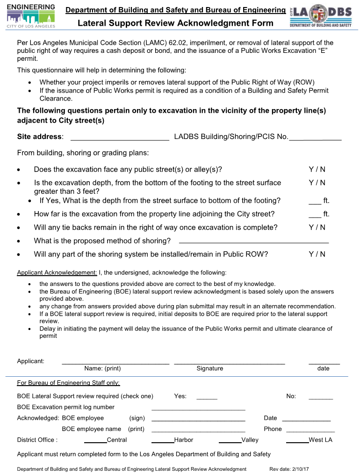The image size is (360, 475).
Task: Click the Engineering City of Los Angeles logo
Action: pos(31,16)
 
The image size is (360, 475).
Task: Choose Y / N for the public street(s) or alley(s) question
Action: pos(317,169)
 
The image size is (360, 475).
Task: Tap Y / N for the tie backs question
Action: pos(317,227)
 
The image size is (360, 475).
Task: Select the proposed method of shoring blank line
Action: pos(254,241)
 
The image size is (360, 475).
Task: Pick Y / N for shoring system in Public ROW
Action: pos(317,255)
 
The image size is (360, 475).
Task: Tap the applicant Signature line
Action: pos(229,361)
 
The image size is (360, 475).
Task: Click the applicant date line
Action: pos(324,361)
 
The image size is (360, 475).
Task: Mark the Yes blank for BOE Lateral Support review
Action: pos(207,397)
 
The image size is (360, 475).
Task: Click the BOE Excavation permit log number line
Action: pos(198,408)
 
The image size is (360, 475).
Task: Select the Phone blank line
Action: pos(310,430)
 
